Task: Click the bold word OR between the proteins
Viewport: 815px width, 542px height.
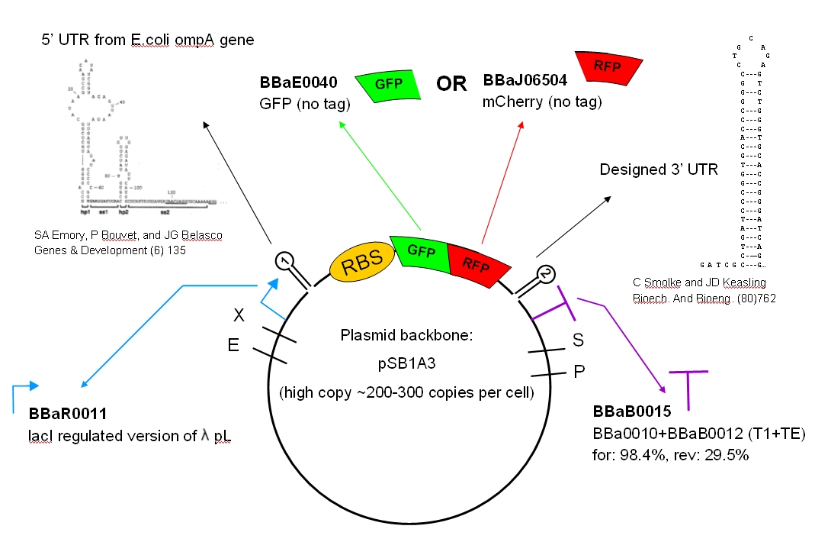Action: (451, 84)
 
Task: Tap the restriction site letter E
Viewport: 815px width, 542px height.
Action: (233, 345)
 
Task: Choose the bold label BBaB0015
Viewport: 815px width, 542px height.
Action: (632, 411)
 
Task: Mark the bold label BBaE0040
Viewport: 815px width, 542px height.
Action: (298, 82)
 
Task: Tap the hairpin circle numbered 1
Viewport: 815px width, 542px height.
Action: (284, 261)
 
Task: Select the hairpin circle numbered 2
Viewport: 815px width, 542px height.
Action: (546, 273)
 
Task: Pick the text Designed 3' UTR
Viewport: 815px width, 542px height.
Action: (659, 169)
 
